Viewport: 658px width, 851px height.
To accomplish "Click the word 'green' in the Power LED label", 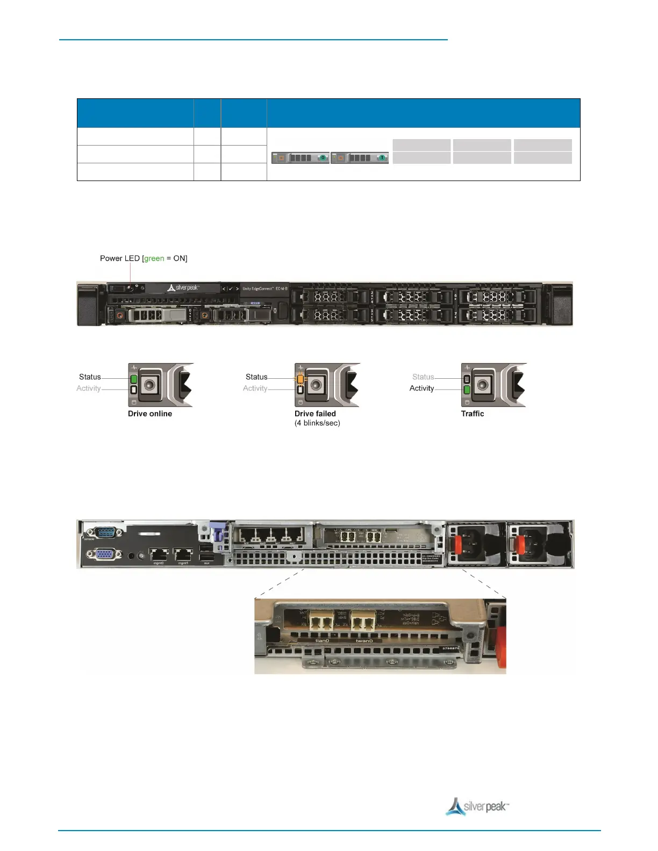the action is [x=154, y=258].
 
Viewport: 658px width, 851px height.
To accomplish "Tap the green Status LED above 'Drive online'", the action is [x=134, y=379].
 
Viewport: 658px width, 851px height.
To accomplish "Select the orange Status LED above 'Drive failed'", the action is [x=301, y=379].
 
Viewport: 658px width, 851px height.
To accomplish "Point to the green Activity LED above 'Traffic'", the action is [x=467, y=390].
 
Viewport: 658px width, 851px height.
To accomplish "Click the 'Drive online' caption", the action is [x=150, y=414].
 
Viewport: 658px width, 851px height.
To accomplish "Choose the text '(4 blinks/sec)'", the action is [x=317, y=423].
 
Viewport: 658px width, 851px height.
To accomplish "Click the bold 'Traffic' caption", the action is [x=473, y=414].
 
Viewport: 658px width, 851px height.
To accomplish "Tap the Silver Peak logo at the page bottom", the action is [x=477, y=806].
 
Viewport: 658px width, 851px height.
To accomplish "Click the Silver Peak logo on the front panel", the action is [x=183, y=288].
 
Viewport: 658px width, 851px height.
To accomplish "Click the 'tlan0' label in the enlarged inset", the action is [x=322, y=640].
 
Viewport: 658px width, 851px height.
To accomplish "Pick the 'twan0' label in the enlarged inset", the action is [x=364, y=640].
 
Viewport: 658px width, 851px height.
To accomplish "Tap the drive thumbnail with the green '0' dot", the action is [x=301, y=158].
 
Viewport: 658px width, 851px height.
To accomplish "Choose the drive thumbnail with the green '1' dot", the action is [x=360, y=158].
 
